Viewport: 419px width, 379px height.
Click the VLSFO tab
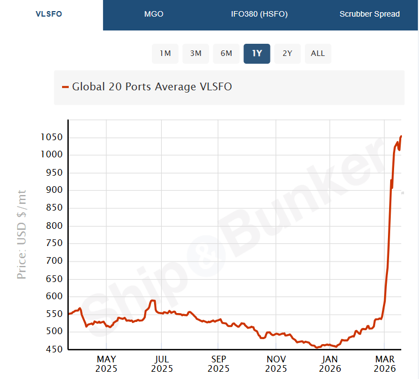(49, 14)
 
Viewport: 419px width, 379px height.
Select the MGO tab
(154, 14)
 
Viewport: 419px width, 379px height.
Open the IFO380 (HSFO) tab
(259, 14)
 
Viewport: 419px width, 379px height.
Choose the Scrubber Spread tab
(369, 14)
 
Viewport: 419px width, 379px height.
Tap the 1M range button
(165, 53)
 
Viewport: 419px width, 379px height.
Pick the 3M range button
(196, 53)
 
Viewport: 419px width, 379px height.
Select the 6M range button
(226, 53)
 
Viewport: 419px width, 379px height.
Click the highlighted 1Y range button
(257, 53)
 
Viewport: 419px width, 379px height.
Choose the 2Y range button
(287, 53)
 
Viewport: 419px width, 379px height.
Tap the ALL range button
(318, 53)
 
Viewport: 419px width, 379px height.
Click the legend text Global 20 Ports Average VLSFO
(152, 86)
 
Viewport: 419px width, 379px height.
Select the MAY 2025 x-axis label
(106, 363)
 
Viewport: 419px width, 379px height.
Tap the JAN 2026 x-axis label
(330, 363)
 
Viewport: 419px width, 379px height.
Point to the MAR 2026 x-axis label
(385, 363)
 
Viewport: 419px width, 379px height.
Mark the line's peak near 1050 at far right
(401, 136)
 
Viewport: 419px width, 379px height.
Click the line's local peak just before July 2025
(153, 300)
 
